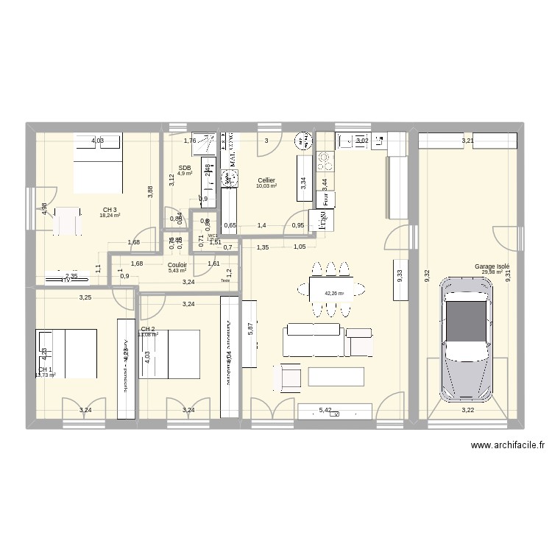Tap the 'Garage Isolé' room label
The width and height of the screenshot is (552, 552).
492,266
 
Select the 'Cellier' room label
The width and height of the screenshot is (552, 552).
266,180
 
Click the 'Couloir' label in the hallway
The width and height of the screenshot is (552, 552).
177,265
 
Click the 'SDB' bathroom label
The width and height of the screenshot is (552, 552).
184,168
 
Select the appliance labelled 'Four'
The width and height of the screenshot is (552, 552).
324,198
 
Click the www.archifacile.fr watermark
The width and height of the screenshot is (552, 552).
509,445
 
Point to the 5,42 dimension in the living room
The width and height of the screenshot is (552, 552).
325,411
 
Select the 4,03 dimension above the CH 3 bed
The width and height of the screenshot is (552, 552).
97,141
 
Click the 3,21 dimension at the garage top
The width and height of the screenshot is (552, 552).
468,141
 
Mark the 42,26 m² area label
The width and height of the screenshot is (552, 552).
334,294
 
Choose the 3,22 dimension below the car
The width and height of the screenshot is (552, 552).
468,410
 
